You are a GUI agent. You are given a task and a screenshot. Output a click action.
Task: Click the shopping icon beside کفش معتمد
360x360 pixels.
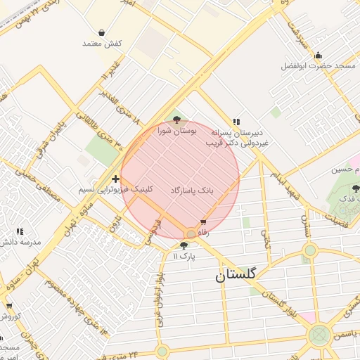pos(102,32)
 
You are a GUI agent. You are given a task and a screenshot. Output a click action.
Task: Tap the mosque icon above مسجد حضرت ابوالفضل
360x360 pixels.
pos(318,56)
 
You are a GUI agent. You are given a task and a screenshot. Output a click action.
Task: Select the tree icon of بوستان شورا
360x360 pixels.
pos(176,120)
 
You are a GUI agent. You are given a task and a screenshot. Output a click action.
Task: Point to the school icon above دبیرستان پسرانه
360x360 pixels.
pos(236,121)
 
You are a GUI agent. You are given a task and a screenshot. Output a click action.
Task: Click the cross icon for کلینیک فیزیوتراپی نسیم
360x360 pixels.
pos(115,179)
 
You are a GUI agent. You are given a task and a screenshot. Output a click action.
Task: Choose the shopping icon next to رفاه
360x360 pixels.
pos(203,222)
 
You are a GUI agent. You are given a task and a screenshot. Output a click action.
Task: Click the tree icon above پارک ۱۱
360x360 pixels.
pos(184,245)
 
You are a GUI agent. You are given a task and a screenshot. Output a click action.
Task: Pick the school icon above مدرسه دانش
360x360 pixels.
pos(19,231)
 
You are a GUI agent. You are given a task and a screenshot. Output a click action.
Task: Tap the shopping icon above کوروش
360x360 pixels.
pos(9,306)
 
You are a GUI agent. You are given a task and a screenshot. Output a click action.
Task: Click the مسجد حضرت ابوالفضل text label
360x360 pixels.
pos(319,66)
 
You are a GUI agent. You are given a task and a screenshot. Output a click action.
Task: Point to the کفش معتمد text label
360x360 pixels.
pos(102,44)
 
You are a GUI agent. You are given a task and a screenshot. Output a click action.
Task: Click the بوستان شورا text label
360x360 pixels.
pos(176,131)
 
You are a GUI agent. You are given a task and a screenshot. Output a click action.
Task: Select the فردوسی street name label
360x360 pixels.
pos(153,232)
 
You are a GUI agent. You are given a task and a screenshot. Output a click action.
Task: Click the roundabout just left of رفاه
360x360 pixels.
pos(191,233)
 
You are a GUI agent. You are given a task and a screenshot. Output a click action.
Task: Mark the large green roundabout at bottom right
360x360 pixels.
pos(320,335)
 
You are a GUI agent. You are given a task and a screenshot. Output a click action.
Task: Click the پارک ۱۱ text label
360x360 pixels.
pos(184,256)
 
